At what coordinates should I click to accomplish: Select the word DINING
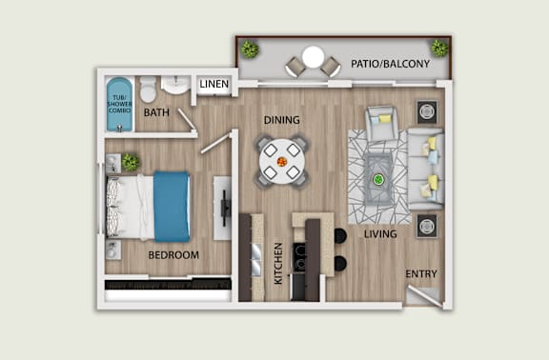(282, 120)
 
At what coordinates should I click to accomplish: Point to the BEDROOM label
(173, 254)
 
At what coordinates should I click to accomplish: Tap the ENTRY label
(421, 274)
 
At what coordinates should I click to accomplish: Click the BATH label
(156, 113)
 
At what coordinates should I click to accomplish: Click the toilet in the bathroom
(148, 90)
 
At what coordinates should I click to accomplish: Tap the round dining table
(281, 161)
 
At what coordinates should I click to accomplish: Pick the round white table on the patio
(313, 57)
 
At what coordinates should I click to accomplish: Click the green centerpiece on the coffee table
(378, 178)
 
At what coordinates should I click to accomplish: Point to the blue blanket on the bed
(173, 205)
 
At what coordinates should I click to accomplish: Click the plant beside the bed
(130, 162)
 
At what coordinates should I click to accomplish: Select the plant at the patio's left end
(250, 49)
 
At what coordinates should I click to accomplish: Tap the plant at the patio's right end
(439, 47)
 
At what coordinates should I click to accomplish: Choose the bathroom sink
(175, 86)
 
